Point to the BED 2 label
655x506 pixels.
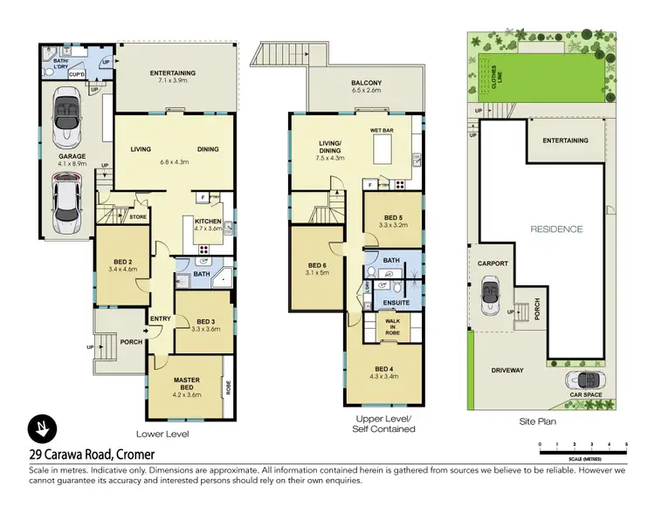pyautogui.click(x=122, y=263)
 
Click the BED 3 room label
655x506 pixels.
pyautogui.click(x=205, y=321)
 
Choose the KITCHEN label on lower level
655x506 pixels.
pyautogui.click(x=208, y=222)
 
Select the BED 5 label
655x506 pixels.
pyautogui.click(x=393, y=219)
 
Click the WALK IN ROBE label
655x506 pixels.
pyautogui.click(x=394, y=326)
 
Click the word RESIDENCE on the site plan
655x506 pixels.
pyautogui.click(x=556, y=229)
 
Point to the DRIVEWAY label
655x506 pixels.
pyautogui.click(x=507, y=370)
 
